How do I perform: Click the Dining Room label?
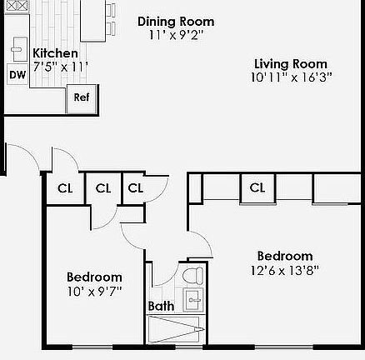tap(175, 22)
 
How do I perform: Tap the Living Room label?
tap(290, 64)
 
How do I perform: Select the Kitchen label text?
tap(55, 53)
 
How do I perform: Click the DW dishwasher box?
tap(17, 75)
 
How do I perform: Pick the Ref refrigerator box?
tap(81, 97)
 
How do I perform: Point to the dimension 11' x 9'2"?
tap(175, 35)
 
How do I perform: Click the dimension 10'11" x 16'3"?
tap(290, 77)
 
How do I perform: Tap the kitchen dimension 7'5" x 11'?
tap(60, 67)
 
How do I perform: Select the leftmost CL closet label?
tap(65, 188)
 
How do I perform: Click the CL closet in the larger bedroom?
tap(257, 188)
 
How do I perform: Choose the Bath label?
tap(161, 306)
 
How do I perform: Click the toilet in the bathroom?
tap(192, 276)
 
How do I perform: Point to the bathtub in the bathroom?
tap(175, 328)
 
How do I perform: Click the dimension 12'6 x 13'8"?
tap(284, 270)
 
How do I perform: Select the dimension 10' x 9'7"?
tap(94, 291)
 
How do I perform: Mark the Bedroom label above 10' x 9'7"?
tap(94, 277)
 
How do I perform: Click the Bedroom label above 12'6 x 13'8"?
tap(284, 257)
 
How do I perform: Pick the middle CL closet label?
tap(102, 188)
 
